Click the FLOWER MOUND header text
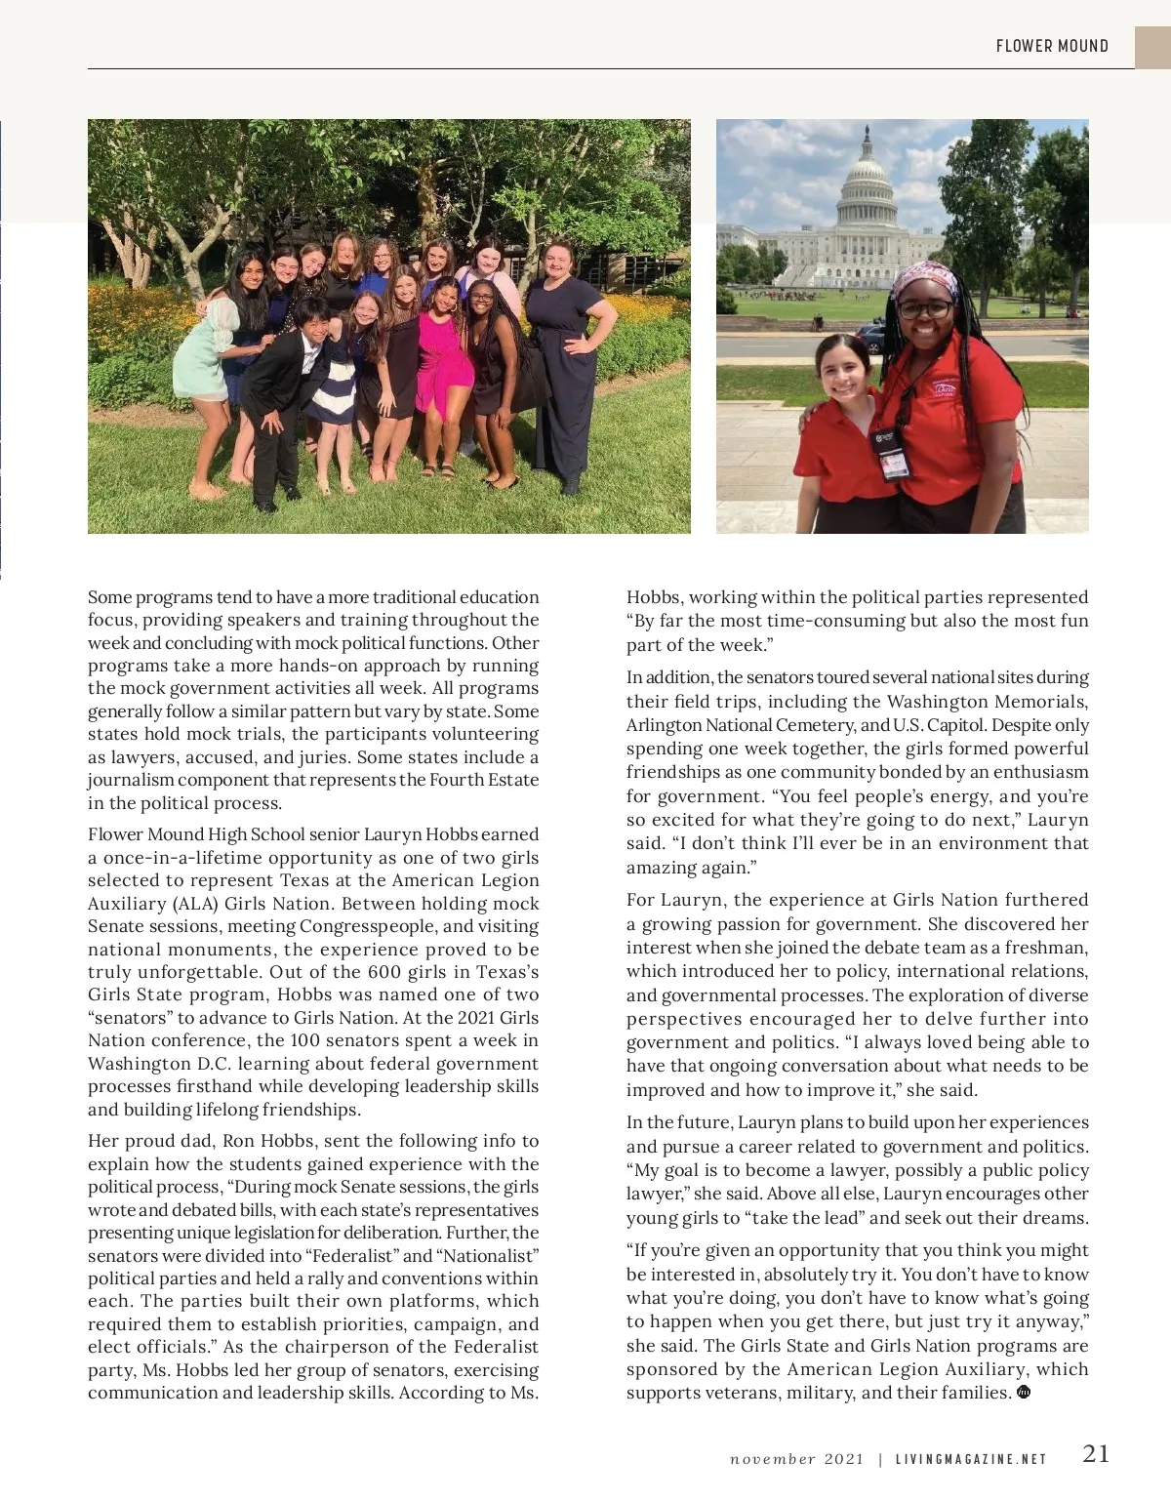click(x=1052, y=46)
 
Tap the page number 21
click(x=1096, y=1453)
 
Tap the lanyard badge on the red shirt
click(x=890, y=453)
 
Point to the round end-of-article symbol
click(x=1024, y=1392)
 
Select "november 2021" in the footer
click(x=796, y=1460)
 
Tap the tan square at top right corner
click(x=1152, y=47)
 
